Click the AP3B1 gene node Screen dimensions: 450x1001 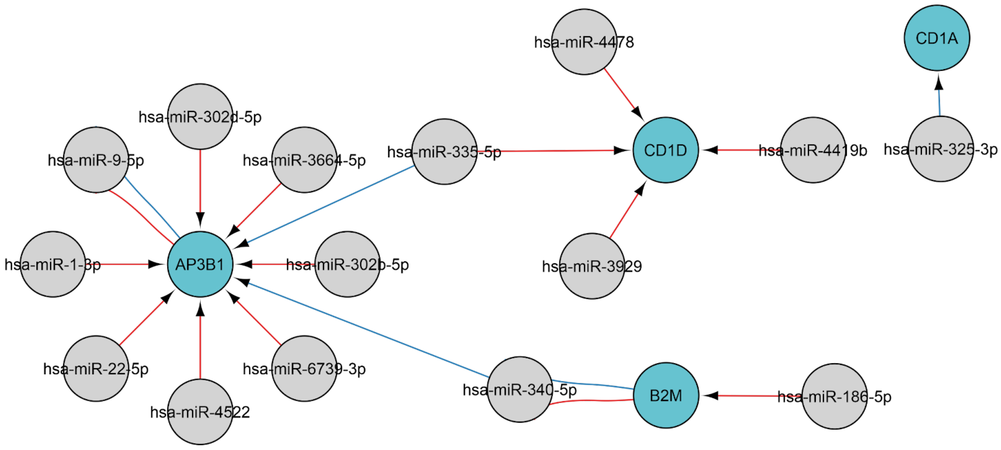(200, 264)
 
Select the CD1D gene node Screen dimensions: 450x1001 (665, 150)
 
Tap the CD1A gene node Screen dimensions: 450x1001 (936, 38)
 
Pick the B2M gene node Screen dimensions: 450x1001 (665, 395)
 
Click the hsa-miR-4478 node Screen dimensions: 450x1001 (584, 42)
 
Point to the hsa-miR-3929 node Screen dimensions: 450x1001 (592, 266)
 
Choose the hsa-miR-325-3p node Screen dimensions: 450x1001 (940, 149)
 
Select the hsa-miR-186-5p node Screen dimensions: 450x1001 (834, 396)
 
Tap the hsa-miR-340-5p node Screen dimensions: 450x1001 (520, 389)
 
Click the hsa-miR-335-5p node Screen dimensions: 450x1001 (444, 152)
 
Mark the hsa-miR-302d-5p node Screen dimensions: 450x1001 (200, 117)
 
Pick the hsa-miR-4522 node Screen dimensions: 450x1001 (200, 412)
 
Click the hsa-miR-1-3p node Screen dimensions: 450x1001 (53, 264)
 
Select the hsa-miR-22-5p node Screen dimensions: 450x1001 (96, 368)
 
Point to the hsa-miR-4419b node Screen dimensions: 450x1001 (813, 150)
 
